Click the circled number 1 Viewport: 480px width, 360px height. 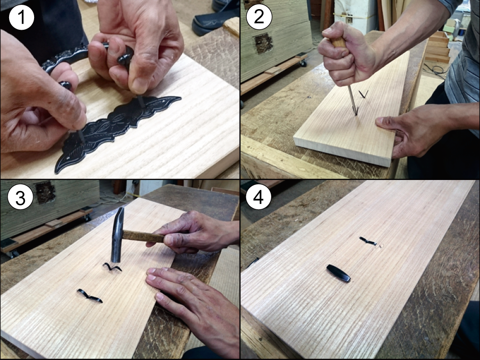point(22,17)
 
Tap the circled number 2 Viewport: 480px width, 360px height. point(259,17)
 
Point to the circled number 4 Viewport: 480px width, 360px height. point(258,197)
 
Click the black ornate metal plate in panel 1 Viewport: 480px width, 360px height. point(116,129)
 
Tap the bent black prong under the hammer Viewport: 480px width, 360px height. point(112,267)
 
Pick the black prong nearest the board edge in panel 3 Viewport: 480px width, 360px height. point(89,296)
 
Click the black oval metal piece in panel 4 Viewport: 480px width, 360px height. point(338,273)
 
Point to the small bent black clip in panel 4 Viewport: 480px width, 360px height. point(368,241)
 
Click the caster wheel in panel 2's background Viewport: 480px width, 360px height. point(303,63)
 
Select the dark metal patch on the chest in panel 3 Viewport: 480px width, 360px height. point(45,192)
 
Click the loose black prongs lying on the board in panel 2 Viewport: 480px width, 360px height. point(363,94)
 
